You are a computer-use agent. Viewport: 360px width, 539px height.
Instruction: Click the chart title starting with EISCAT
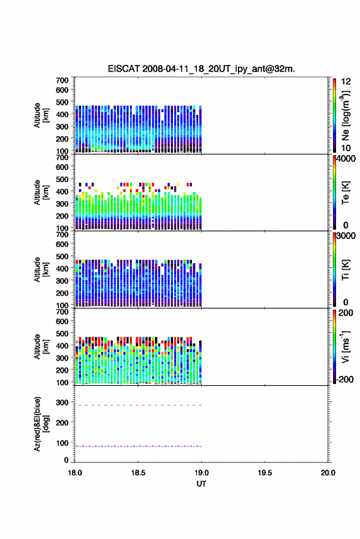(x=201, y=69)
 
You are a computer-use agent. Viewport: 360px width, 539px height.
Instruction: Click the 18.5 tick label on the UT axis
(x=138, y=473)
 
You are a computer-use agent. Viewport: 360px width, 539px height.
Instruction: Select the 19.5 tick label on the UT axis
(x=265, y=473)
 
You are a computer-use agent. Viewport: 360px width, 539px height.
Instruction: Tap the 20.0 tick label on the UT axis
(x=328, y=473)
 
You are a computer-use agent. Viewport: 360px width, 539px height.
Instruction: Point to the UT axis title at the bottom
(x=201, y=484)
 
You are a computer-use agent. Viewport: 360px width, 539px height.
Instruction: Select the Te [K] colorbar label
(x=345, y=193)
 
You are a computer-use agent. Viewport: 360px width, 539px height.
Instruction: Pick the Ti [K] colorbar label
(x=345, y=270)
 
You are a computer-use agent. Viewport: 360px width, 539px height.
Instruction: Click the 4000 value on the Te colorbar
(x=346, y=159)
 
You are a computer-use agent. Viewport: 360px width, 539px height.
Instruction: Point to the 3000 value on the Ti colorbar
(x=346, y=236)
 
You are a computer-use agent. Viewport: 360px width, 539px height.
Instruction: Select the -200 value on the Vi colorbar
(x=345, y=379)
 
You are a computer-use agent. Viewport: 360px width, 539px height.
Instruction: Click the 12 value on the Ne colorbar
(x=346, y=82)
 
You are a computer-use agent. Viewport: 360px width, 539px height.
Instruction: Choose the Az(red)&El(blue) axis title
(x=41, y=424)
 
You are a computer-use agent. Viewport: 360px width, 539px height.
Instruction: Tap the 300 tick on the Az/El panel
(x=62, y=402)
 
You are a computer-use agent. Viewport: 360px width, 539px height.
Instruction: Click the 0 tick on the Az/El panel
(x=66, y=460)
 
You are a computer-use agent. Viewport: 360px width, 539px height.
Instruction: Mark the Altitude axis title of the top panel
(x=41, y=115)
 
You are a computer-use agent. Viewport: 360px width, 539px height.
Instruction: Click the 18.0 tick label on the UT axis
(x=75, y=473)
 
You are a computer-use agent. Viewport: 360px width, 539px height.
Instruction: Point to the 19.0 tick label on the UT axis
(x=201, y=473)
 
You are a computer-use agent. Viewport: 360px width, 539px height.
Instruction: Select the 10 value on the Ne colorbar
(x=346, y=148)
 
